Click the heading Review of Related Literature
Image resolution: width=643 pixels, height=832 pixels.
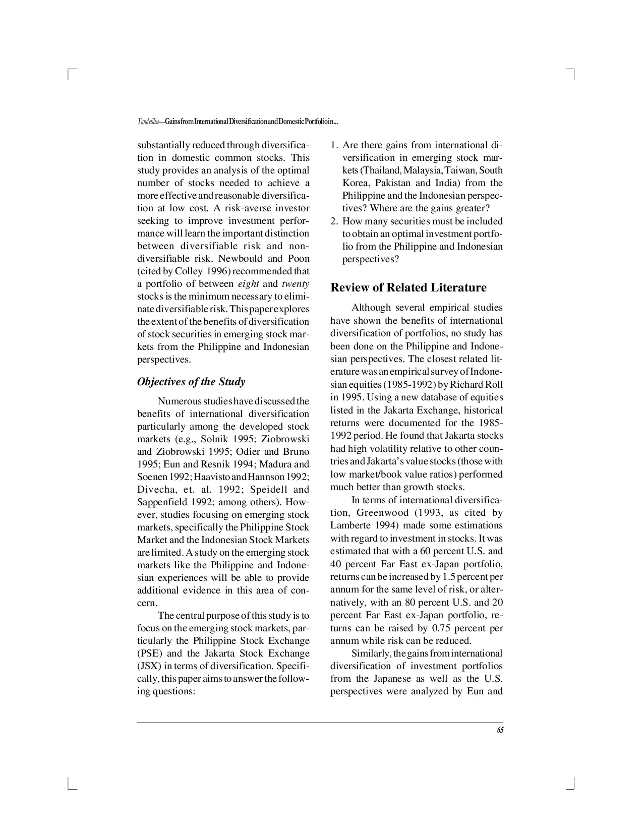tap(408, 288)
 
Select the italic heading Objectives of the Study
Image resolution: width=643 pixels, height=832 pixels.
tap(191, 382)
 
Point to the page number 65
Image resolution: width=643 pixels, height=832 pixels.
tap(500, 730)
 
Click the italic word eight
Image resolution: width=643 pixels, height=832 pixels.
tap(248, 284)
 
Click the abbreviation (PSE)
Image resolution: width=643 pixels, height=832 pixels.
tap(148, 653)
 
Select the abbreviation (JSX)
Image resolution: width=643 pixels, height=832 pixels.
tap(148, 666)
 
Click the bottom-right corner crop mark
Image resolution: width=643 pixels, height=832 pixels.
tap(572, 785)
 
